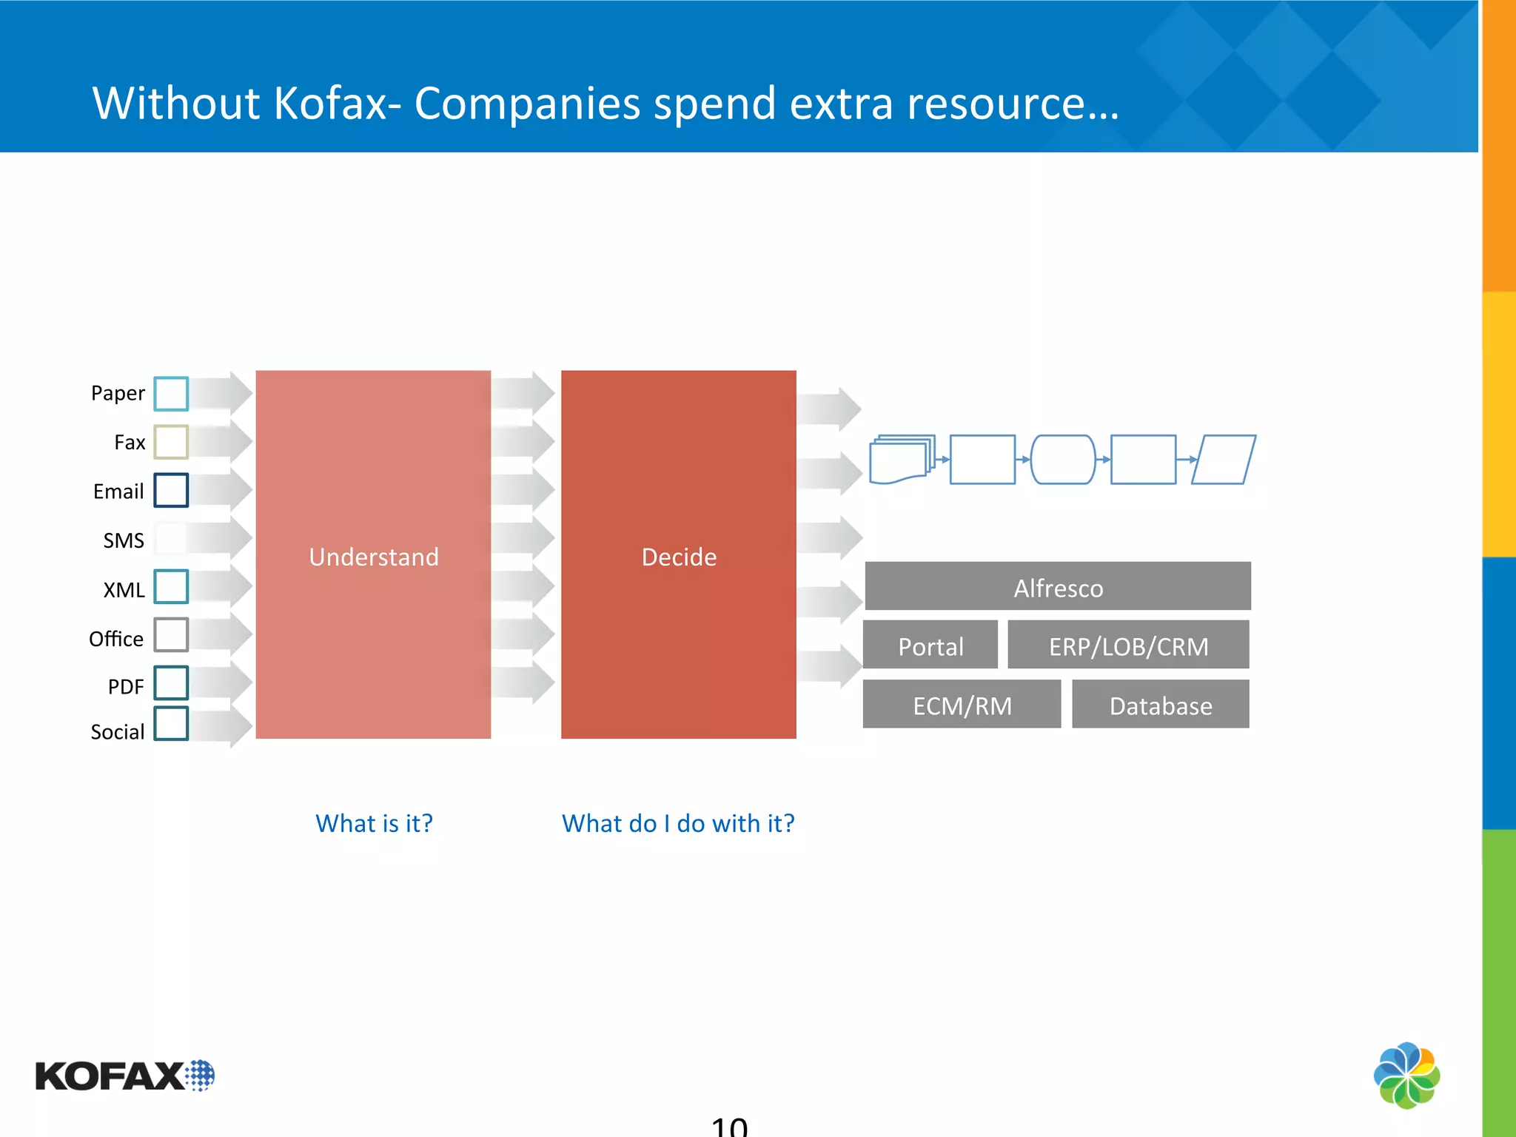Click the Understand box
[x=373, y=555]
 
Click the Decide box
[x=678, y=555]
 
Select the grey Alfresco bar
[x=1058, y=587]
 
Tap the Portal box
[x=930, y=645]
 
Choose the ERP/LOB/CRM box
[x=1128, y=645]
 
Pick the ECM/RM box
[x=962, y=705]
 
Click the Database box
[x=1160, y=705]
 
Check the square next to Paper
[x=171, y=393]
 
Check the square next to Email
[x=171, y=490]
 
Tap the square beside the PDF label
[x=171, y=682]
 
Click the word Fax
[x=130, y=443]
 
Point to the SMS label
[x=124, y=540]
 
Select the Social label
[x=117, y=732]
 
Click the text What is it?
[x=374, y=823]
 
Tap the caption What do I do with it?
[x=678, y=823]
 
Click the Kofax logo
[x=124, y=1076]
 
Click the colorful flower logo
[x=1406, y=1075]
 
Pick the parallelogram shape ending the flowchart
[x=1224, y=460]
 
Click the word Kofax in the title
[x=330, y=103]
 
